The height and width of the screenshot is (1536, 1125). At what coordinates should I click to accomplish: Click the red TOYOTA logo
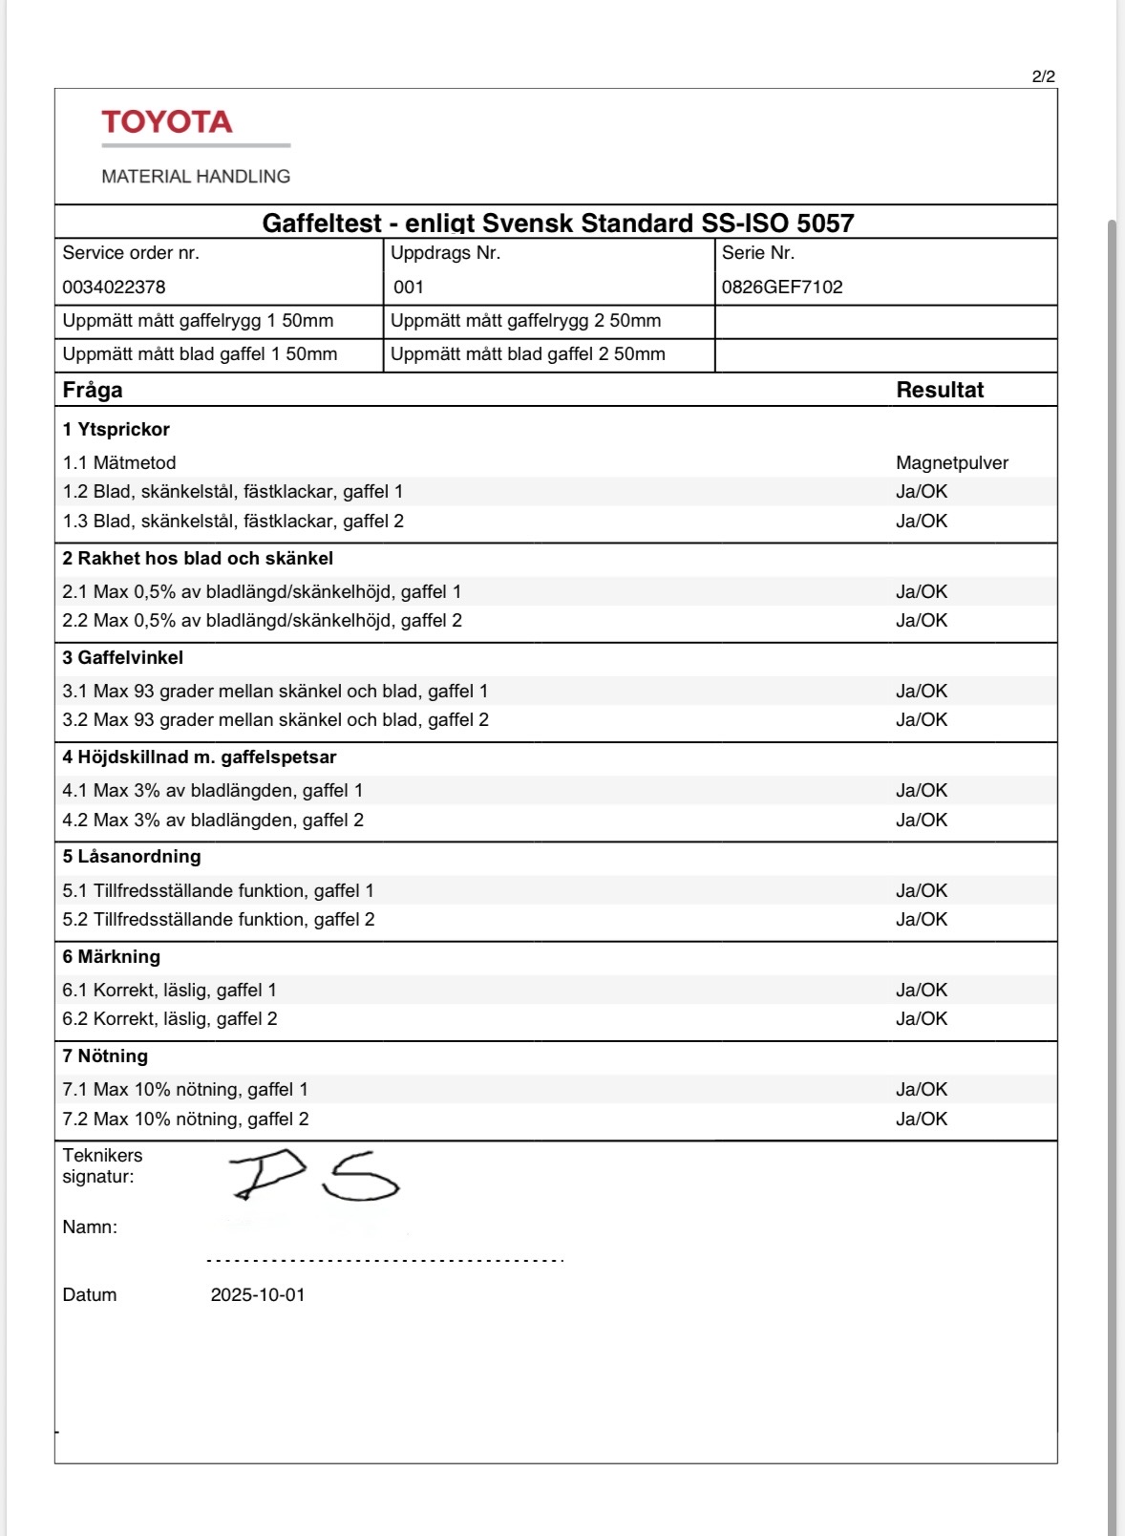pyautogui.click(x=167, y=122)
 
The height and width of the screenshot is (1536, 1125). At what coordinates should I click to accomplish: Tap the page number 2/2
pyautogui.click(x=1043, y=76)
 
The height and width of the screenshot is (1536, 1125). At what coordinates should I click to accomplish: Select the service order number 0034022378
pyautogui.click(x=114, y=287)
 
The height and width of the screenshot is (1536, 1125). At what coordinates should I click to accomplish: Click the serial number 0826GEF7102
pyautogui.click(x=782, y=287)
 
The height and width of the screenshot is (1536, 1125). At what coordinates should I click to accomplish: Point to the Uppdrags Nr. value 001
pyautogui.click(x=409, y=287)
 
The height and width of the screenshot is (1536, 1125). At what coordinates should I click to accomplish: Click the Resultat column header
pyautogui.click(x=940, y=390)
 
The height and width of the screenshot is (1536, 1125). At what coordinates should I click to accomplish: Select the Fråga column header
pyautogui.click(x=93, y=390)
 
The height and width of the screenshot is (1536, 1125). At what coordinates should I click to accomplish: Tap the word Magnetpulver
pyautogui.click(x=952, y=463)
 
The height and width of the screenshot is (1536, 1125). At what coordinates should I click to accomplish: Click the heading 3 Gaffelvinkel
pyautogui.click(x=123, y=657)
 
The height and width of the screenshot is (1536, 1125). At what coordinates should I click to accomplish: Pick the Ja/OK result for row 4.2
pyautogui.click(x=922, y=820)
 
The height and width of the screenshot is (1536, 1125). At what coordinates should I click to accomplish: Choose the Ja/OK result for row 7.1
pyautogui.click(x=922, y=1089)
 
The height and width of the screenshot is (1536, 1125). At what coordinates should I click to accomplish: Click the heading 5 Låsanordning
pyautogui.click(x=132, y=857)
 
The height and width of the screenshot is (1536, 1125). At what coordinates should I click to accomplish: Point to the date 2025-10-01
pyautogui.click(x=258, y=1295)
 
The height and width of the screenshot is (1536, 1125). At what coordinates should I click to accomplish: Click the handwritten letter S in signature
pyautogui.click(x=360, y=1178)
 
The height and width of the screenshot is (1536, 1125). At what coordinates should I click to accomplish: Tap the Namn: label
pyautogui.click(x=90, y=1227)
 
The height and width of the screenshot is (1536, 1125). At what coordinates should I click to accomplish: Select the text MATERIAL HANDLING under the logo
pyautogui.click(x=196, y=177)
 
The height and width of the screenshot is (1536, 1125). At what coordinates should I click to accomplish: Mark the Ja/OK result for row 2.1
pyautogui.click(x=922, y=591)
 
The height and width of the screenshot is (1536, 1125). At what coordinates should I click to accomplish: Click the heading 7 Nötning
pyautogui.click(x=105, y=1056)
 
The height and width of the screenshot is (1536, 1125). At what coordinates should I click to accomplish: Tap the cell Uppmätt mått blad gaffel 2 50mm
pyautogui.click(x=528, y=354)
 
